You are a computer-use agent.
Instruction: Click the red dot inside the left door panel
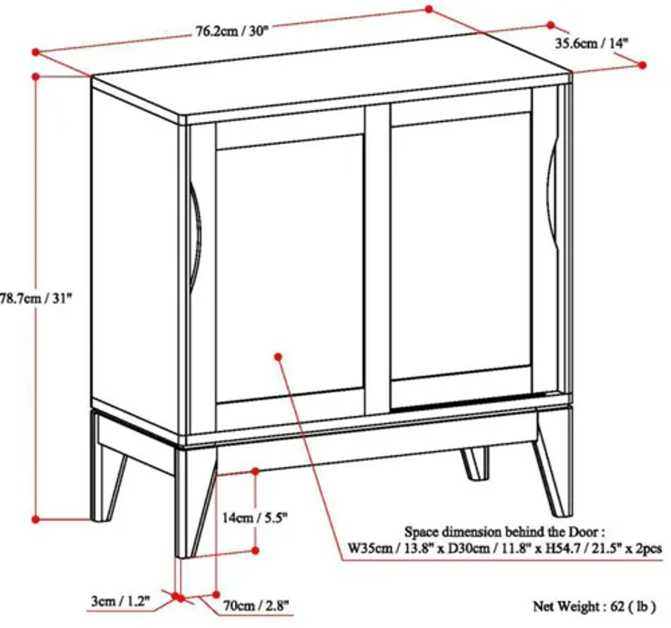[278, 357]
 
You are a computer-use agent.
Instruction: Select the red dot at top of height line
[36, 77]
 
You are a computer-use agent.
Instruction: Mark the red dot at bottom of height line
[36, 520]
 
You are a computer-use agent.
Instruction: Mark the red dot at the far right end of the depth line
[642, 65]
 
